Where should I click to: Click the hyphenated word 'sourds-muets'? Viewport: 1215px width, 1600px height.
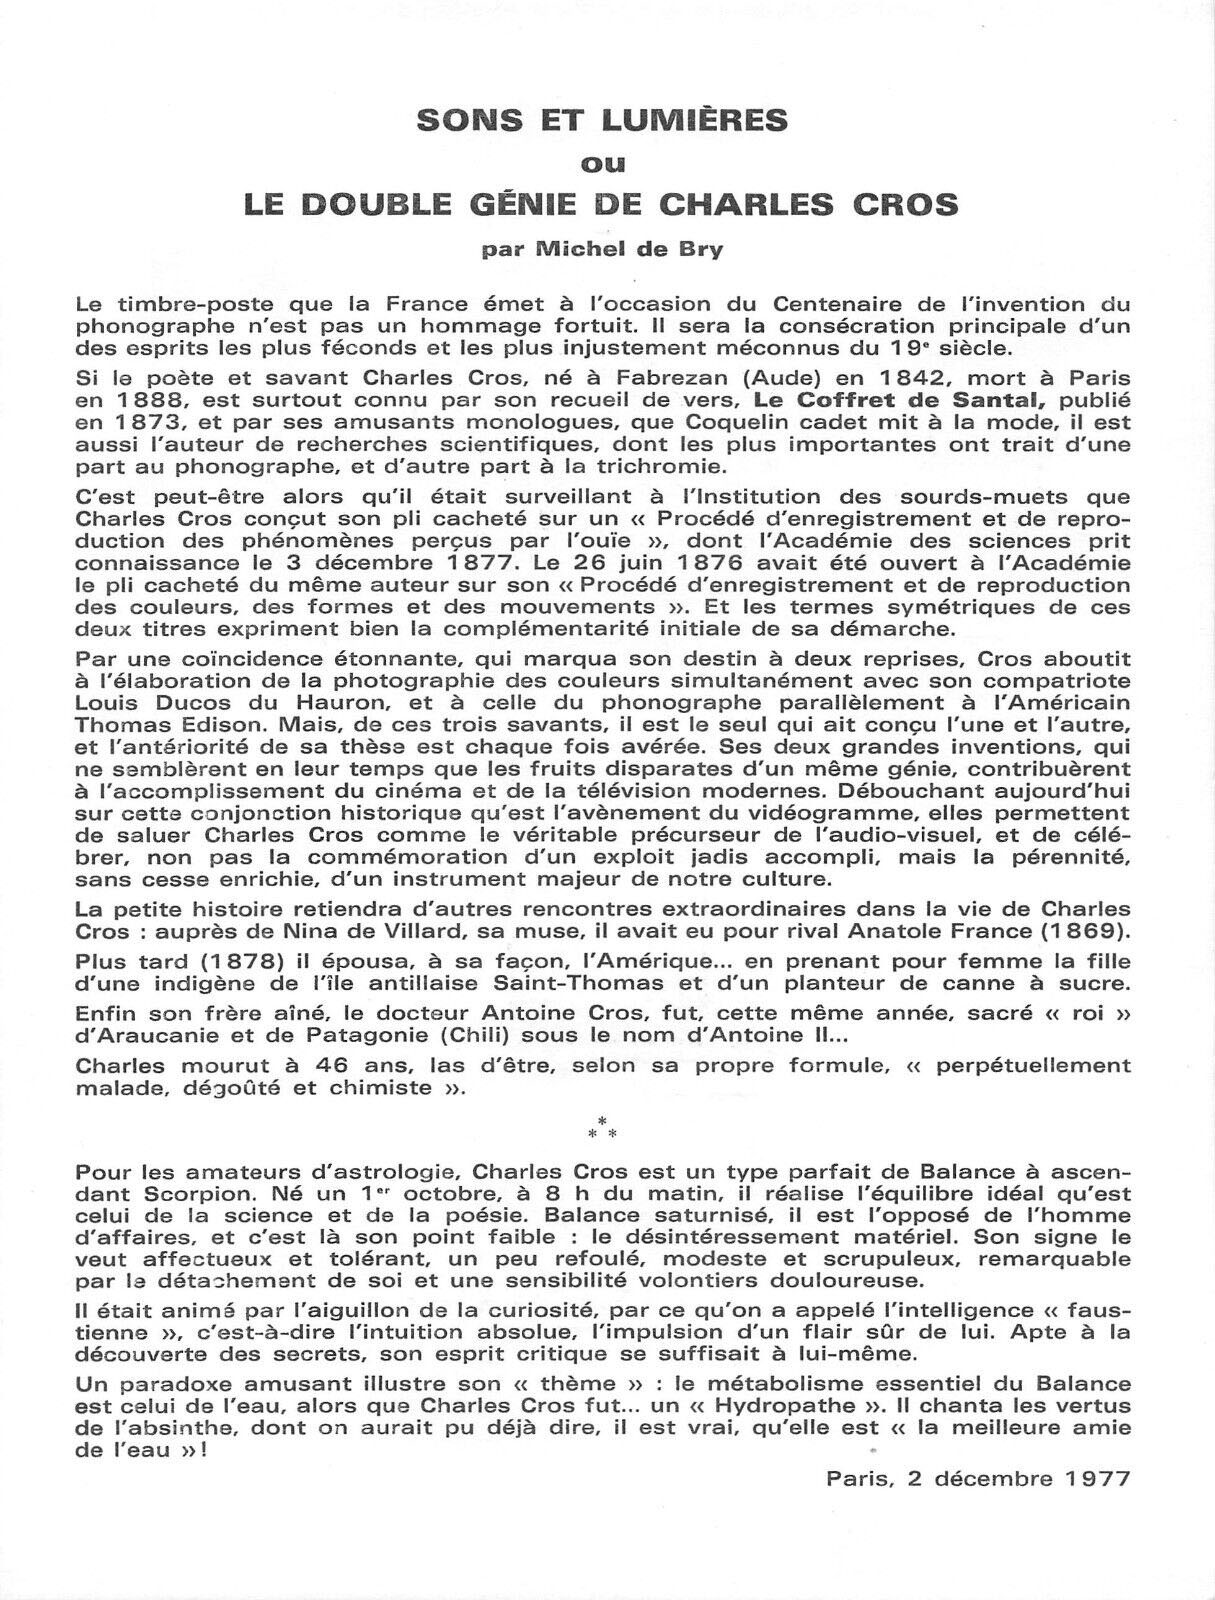[x=1007, y=497]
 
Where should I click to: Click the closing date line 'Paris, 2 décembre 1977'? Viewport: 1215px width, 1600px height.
[x=978, y=1478]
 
